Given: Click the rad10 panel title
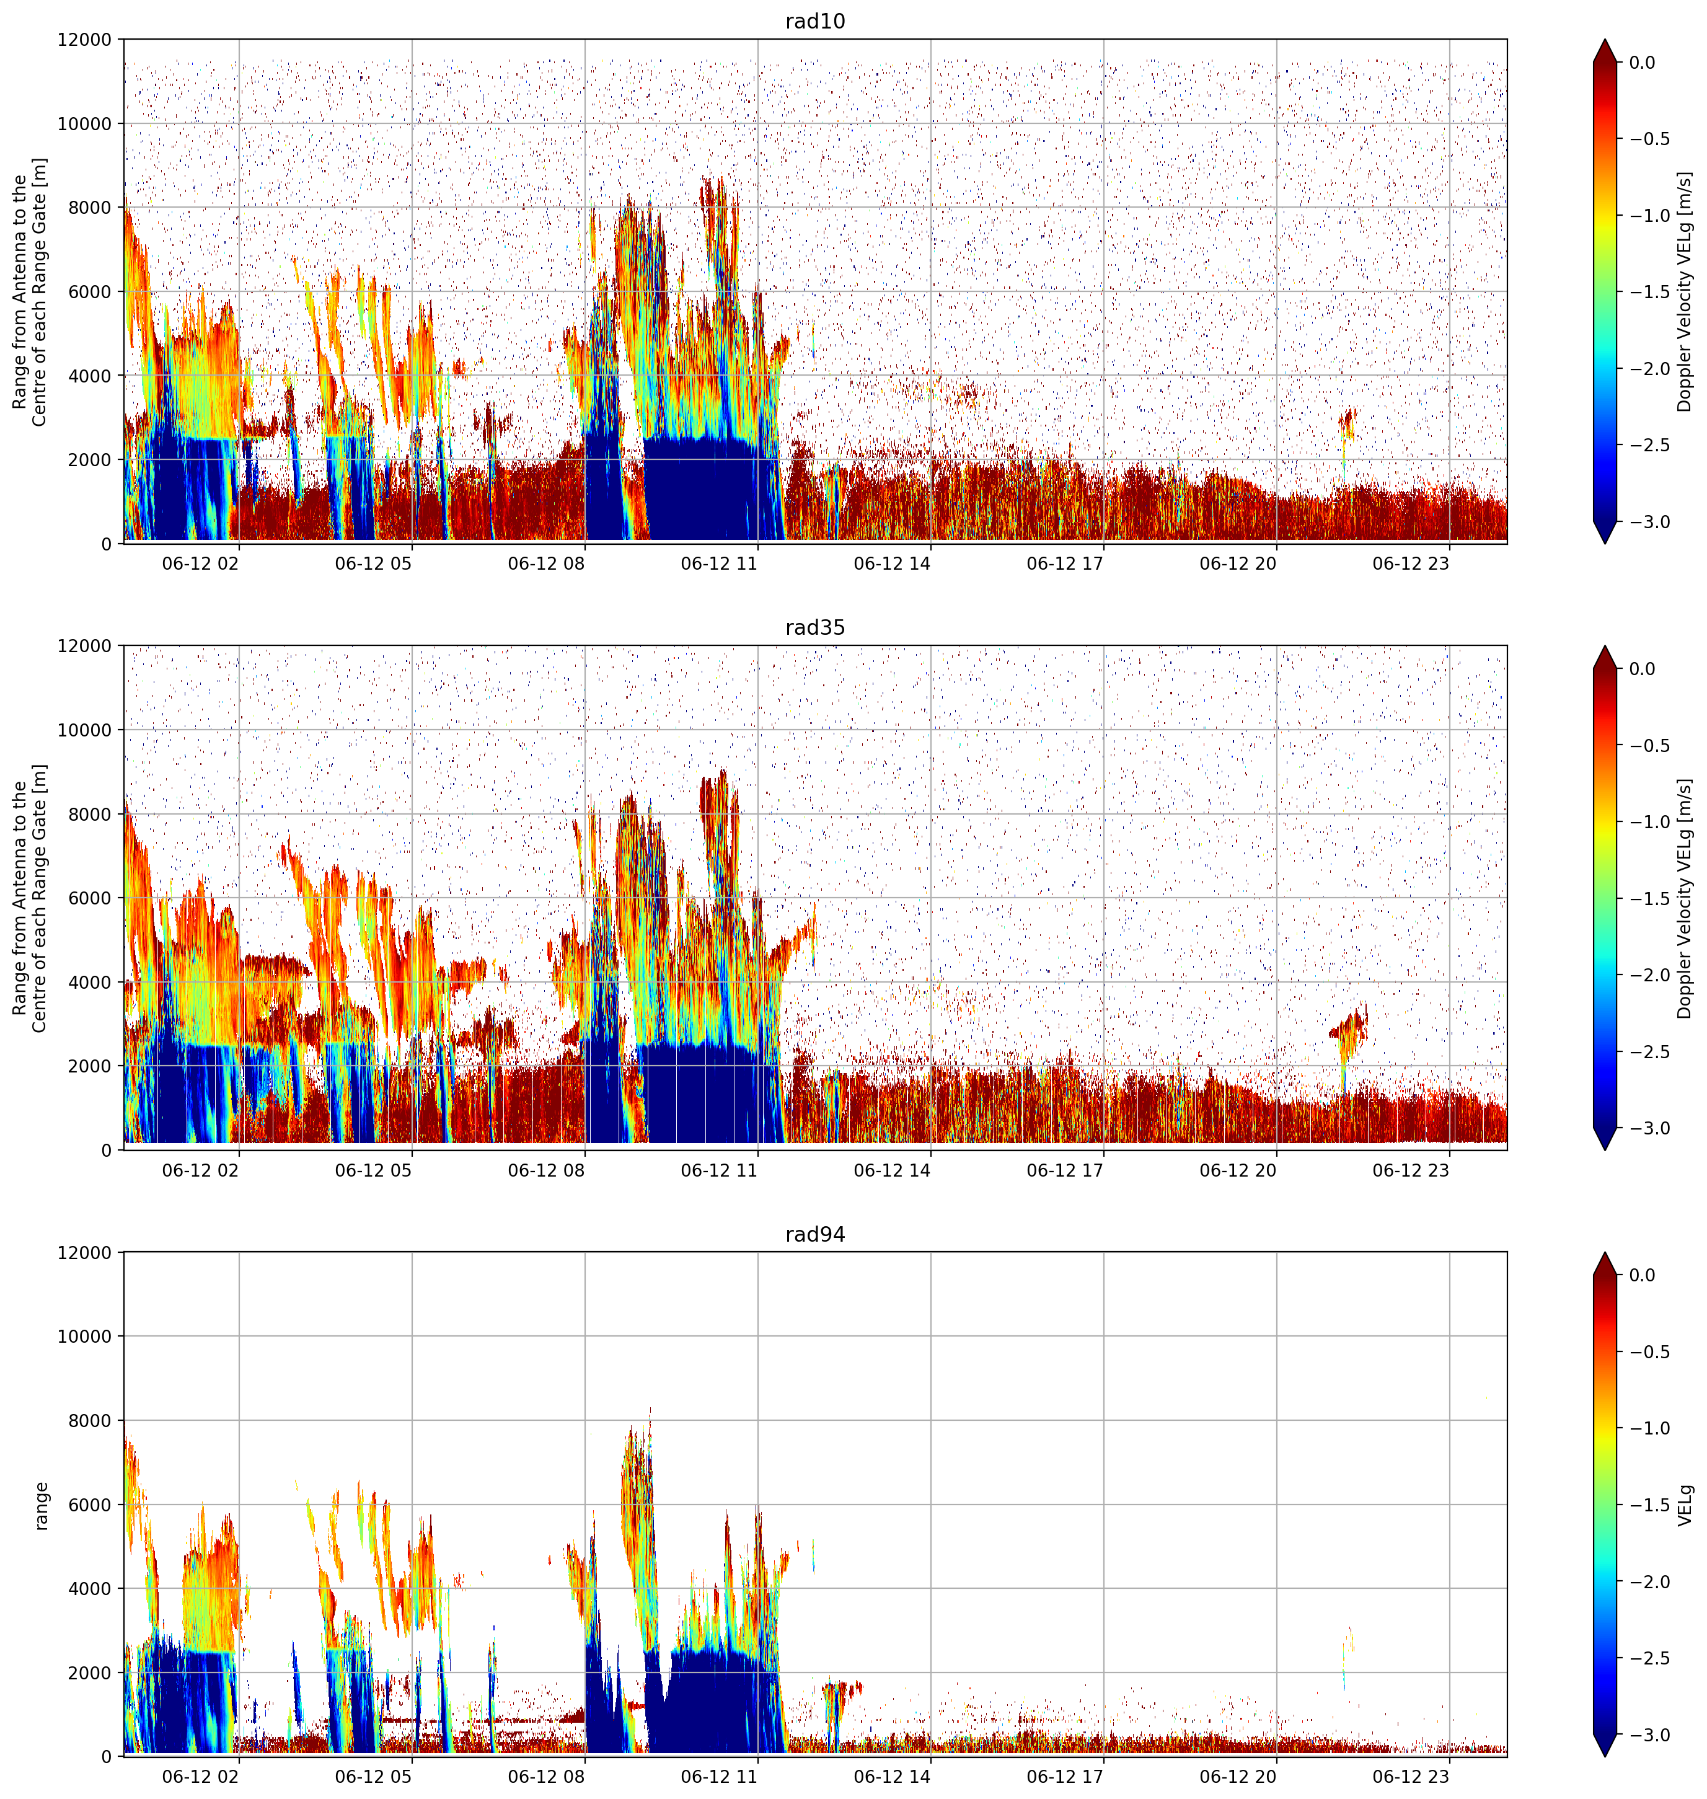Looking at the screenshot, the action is pyautogui.click(x=815, y=21).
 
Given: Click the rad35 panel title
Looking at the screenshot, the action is pyautogui.click(x=815, y=627).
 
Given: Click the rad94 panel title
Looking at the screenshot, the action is pyautogui.click(x=815, y=1234).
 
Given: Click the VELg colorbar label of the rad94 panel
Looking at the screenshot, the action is pyautogui.click(x=1686, y=1505).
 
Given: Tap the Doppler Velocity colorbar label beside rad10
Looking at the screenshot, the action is pyautogui.click(x=1685, y=292).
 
